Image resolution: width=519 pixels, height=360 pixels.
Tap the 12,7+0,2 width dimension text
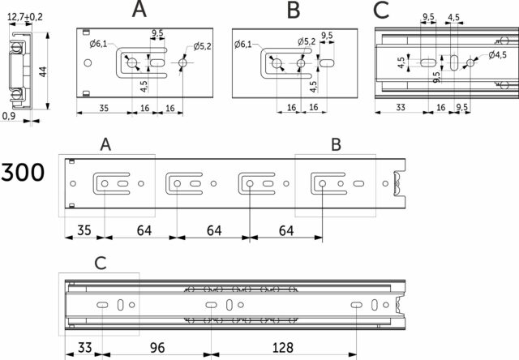pos(25,15)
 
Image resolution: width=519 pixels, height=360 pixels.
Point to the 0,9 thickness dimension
pos(10,117)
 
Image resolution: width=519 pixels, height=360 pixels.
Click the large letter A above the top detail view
pos(139,11)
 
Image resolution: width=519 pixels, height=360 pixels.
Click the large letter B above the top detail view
pos(294,11)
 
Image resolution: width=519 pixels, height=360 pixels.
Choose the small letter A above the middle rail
pos(105,144)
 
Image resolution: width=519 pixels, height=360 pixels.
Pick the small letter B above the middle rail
pos(336,144)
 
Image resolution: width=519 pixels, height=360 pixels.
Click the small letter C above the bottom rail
pos(99,264)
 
